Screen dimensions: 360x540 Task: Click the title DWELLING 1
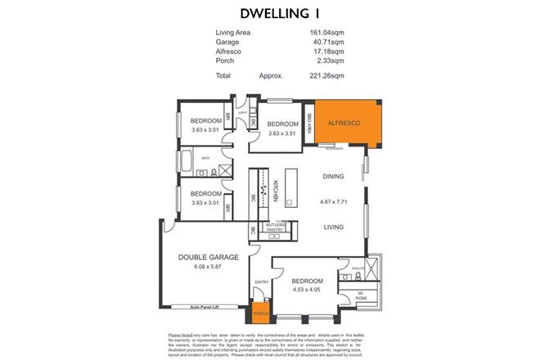point(269,13)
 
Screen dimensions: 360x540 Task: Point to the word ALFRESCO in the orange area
point(344,123)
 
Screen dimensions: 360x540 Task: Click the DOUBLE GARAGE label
point(209,257)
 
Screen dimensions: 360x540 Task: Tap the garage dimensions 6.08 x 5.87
point(209,266)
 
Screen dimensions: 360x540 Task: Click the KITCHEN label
point(277,191)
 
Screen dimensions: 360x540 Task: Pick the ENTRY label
point(262,281)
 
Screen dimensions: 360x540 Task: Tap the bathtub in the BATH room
point(186,162)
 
